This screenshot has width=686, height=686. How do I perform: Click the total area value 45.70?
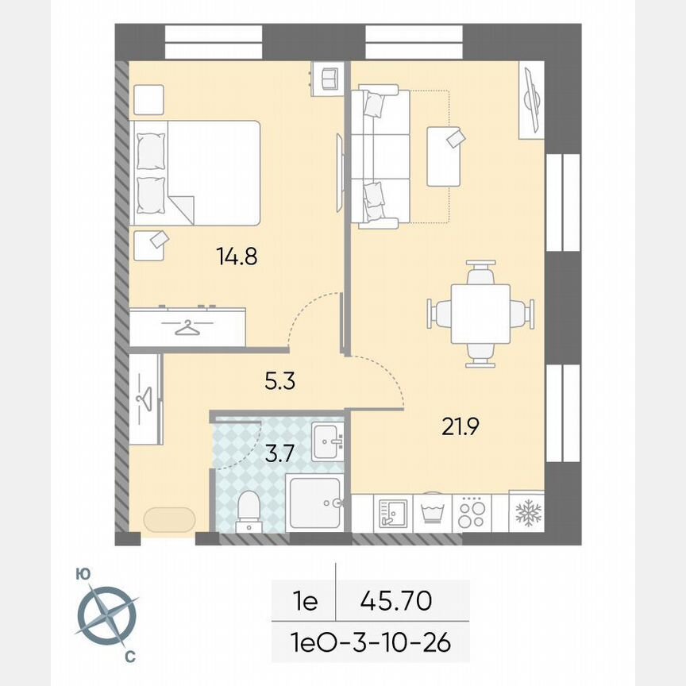[396, 601]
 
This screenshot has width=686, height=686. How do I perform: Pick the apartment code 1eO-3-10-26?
[372, 642]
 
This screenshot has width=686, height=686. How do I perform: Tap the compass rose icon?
[106, 615]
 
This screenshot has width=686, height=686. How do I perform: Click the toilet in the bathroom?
[248, 508]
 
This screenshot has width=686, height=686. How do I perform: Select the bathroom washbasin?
[326, 442]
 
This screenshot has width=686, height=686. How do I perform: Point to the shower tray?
[315, 503]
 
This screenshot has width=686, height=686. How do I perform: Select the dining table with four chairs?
[480, 314]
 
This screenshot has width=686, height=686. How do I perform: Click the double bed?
[197, 172]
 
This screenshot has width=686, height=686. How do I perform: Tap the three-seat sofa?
[380, 158]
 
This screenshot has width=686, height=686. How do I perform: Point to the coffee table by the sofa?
[444, 156]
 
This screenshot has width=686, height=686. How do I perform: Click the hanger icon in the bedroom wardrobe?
[187, 327]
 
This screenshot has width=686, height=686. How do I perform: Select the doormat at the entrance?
[169, 520]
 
